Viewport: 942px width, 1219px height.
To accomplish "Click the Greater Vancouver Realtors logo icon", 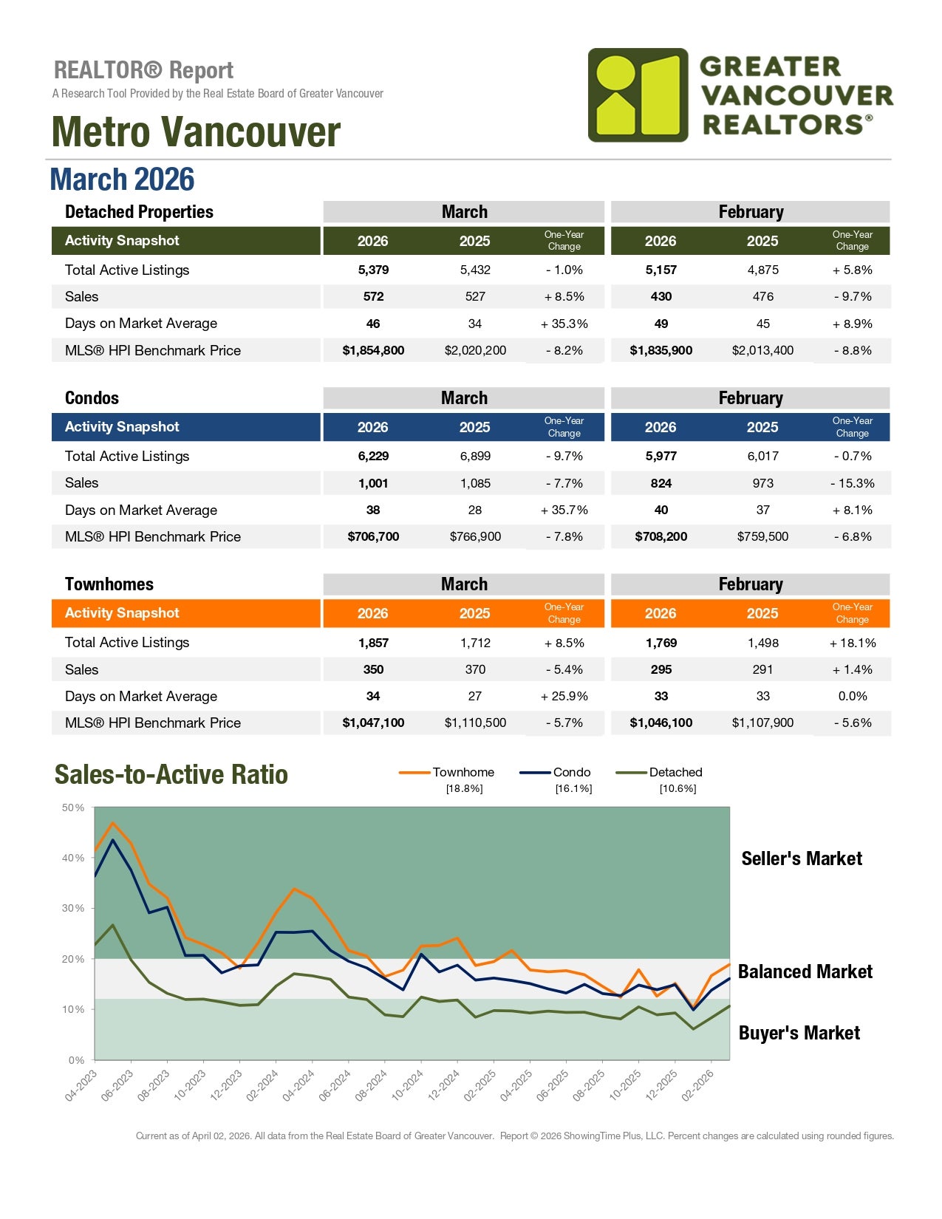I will pos(638,95).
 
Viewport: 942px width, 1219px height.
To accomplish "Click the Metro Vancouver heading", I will pos(196,132).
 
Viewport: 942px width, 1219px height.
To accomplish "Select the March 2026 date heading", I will pos(122,180).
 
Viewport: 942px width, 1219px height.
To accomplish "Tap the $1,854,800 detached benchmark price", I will pos(373,350).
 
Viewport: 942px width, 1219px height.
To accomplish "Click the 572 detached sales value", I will pos(373,296).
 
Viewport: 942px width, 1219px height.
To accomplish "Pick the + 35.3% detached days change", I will pos(564,324).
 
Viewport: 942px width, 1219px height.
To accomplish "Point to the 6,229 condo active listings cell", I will pos(373,456).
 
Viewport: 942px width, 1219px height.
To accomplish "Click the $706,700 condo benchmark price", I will pos(373,536).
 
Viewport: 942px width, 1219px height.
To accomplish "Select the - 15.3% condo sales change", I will pos(852,483).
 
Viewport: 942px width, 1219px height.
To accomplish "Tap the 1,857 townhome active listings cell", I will pos(373,643).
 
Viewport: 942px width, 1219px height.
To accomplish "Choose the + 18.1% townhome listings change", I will pos(852,643).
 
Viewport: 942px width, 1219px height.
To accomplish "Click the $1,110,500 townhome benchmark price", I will pos(475,723).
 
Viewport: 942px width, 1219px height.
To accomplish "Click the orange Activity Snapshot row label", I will pos(122,612).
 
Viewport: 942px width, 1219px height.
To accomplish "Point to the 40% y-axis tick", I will pos(73,858).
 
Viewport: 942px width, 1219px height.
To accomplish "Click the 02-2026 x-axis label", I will pos(698,1085).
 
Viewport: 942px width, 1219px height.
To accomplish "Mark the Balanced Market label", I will pos(805,972).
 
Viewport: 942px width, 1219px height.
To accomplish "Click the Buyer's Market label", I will pos(799,1033).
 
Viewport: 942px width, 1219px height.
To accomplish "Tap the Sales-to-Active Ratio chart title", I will pos(171,774).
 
